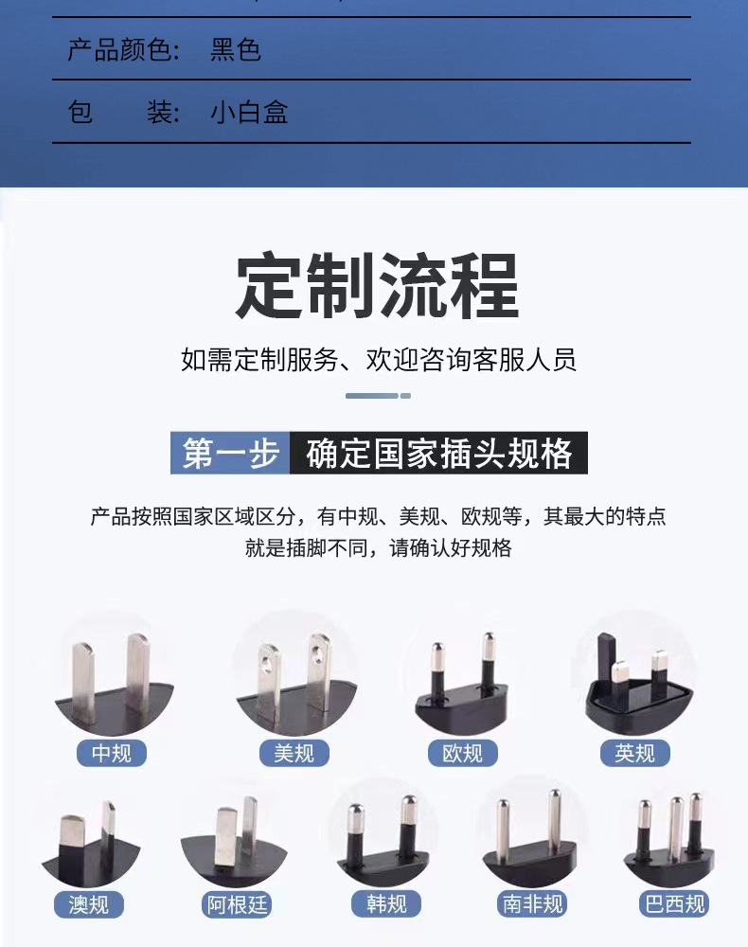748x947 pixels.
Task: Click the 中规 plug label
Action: (x=118, y=754)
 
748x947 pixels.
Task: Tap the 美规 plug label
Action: (x=294, y=754)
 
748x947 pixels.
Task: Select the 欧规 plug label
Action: (x=462, y=754)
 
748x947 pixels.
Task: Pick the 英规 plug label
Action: (x=634, y=754)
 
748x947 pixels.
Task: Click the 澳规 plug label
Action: (x=88, y=904)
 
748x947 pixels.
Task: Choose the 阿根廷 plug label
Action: (x=238, y=904)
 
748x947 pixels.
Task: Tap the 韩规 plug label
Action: (x=385, y=904)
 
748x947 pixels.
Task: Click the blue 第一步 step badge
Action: (x=230, y=454)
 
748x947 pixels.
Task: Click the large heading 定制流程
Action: (x=377, y=286)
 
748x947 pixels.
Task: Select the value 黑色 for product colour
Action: (x=236, y=49)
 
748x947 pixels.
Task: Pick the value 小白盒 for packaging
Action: (x=249, y=113)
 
